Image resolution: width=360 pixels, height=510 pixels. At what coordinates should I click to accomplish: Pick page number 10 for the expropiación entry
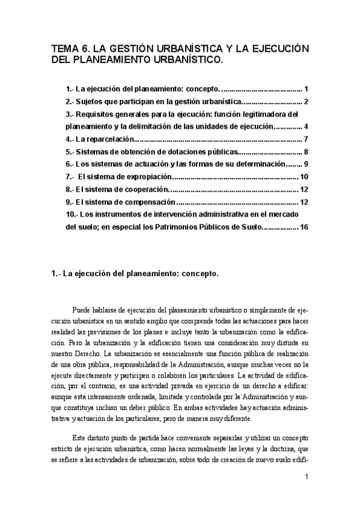[x=304, y=177]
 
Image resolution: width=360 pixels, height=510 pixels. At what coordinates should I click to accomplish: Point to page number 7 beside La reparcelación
[x=306, y=139]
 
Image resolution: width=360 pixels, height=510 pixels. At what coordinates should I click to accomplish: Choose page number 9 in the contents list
[x=306, y=164]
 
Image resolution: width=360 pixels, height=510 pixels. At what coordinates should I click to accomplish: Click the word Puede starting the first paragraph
[x=82, y=310]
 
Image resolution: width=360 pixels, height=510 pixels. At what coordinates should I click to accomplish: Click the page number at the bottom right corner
[x=307, y=479]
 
